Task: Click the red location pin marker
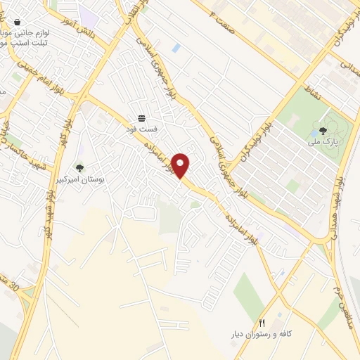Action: tap(181, 165)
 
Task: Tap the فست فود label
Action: tap(141, 129)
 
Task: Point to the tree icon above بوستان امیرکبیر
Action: tap(79, 168)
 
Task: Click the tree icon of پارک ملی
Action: tap(323, 130)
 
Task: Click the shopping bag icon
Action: tap(16, 22)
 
